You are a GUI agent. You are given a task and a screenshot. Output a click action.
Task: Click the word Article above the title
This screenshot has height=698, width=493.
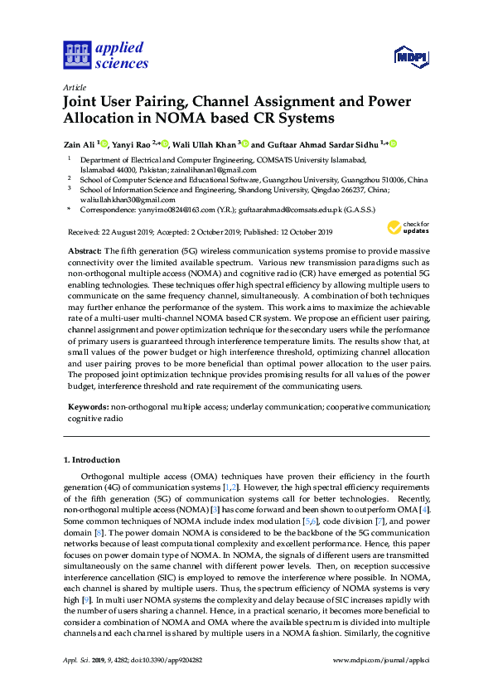[73, 87]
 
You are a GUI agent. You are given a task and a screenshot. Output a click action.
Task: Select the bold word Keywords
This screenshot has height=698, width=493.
[86, 408]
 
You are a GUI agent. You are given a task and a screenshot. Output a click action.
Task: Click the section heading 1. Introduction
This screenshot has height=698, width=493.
[92, 460]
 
